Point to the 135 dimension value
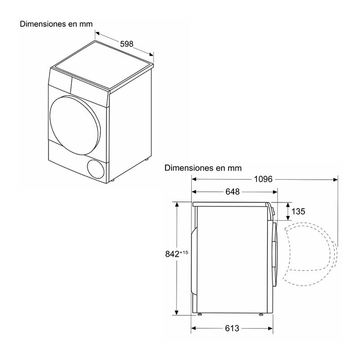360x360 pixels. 298,211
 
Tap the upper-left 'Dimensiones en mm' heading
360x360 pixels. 56,24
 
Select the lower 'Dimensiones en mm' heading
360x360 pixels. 203,168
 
